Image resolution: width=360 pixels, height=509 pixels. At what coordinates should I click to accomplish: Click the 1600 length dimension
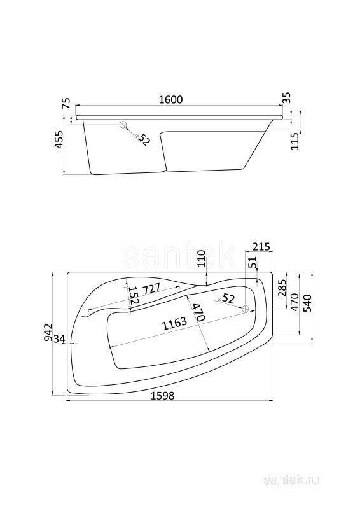coord(170,100)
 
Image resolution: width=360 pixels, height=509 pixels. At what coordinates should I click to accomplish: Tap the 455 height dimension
coord(59,139)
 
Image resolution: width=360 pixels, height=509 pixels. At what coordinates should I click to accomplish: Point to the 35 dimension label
coord(287,98)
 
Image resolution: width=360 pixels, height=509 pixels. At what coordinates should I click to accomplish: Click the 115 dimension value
coord(294,141)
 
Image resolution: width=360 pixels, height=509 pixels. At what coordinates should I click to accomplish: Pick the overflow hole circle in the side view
coord(123,124)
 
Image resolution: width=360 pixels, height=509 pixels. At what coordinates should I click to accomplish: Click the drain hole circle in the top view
coord(246,309)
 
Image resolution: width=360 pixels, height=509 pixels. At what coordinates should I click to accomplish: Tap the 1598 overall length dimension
coord(162,396)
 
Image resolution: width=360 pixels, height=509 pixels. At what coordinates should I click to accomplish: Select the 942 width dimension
coord(48,331)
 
